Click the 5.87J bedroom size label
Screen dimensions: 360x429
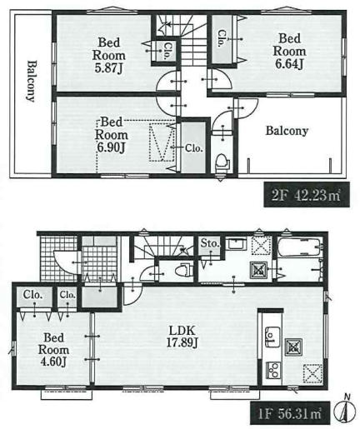pyautogui.click(x=108, y=68)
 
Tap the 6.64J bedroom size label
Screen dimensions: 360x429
pyautogui.click(x=289, y=64)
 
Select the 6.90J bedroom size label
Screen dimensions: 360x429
pyautogui.click(x=111, y=147)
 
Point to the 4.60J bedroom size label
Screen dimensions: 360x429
pyautogui.click(x=53, y=362)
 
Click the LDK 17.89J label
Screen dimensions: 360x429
pyautogui.click(x=182, y=337)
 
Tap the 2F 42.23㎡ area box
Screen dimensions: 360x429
pyautogui.click(x=307, y=195)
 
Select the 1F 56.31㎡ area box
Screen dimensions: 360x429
pyautogui.click(x=290, y=413)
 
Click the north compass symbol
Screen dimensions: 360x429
pyautogui.click(x=344, y=410)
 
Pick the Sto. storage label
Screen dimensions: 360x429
pyautogui.click(x=210, y=243)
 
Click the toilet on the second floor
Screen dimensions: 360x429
pyautogui.click(x=222, y=161)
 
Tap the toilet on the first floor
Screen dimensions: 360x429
pyautogui.click(x=186, y=270)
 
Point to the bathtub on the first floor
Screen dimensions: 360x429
pyautogui.click(x=300, y=247)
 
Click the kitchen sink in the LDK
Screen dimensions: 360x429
pyautogui.click(x=272, y=337)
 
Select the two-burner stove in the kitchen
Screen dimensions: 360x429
pyautogui.click(x=273, y=370)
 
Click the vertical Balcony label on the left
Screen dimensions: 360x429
pyautogui.click(x=32, y=81)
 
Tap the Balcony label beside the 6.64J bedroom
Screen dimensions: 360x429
pyautogui.click(x=287, y=131)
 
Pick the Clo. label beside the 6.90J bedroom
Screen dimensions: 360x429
pyautogui.click(x=194, y=148)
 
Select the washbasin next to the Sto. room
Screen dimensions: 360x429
pyautogui.click(x=237, y=244)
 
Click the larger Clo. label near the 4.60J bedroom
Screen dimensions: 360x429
pyautogui.click(x=32, y=295)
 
